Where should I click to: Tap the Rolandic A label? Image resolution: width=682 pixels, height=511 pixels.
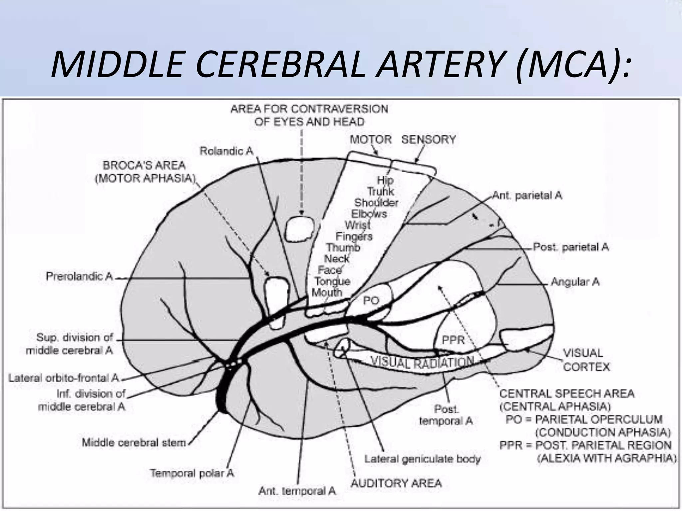click(226, 151)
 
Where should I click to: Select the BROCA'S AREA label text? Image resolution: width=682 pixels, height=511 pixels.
click(144, 165)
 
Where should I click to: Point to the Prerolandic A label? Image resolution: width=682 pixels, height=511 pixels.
click(80, 276)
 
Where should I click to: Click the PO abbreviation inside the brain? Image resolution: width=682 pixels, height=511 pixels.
click(371, 301)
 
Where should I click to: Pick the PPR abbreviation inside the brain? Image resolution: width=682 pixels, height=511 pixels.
click(453, 340)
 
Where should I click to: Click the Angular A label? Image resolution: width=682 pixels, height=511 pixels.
click(575, 282)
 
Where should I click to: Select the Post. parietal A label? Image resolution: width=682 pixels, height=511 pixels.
click(571, 247)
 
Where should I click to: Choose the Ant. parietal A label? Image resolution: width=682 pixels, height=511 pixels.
click(527, 195)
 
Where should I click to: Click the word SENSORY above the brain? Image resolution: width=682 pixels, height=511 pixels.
click(428, 140)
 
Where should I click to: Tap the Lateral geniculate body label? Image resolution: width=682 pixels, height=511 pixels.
click(423, 459)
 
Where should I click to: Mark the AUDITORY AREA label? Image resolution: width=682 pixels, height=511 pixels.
click(396, 483)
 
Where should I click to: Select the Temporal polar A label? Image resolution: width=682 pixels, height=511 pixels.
click(192, 473)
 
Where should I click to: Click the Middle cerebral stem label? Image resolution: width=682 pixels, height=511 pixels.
click(134, 443)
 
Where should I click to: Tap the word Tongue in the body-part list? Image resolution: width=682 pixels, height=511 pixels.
click(332, 281)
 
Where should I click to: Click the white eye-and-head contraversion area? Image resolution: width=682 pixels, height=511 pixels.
click(300, 229)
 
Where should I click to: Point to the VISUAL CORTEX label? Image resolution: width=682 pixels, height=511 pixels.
click(586, 360)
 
